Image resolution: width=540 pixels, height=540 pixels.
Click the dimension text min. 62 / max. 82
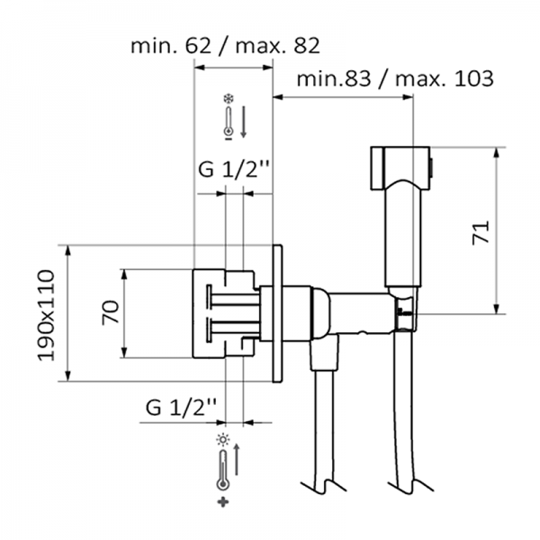click(x=225, y=46)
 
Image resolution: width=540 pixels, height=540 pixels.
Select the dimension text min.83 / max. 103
click(x=395, y=78)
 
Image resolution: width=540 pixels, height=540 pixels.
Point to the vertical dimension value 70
click(x=110, y=312)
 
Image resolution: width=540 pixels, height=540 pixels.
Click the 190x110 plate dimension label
click(x=46, y=315)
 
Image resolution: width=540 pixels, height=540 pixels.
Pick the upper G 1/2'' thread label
click(x=233, y=169)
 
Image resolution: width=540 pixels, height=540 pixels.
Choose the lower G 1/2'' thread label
click(x=181, y=408)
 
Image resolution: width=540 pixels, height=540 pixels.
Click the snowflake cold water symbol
click(x=228, y=99)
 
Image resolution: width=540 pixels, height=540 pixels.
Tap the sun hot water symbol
click(x=223, y=440)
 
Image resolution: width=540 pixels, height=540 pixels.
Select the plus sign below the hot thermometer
click(x=223, y=502)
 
